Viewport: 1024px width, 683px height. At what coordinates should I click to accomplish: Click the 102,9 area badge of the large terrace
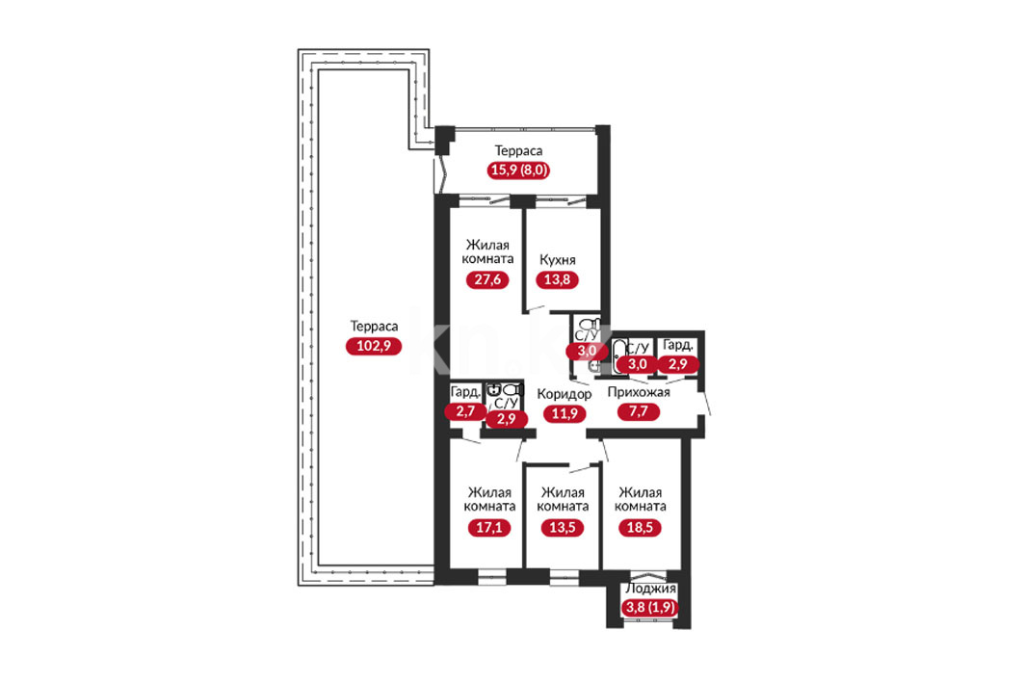tap(374, 346)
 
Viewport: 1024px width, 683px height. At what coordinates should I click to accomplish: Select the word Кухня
tap(558, 260)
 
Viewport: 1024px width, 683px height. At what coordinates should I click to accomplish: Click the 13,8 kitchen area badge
tap(557, 279)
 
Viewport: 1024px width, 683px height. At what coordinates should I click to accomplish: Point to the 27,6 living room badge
tap(487, 279)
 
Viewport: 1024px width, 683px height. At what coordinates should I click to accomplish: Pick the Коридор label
tap(565, 394)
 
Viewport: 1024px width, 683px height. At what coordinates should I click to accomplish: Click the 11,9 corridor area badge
tap(565, 413)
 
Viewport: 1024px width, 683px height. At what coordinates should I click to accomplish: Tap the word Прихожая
tap(639, 392)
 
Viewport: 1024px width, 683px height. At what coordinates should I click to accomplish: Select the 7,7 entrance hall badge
tap(638, 411)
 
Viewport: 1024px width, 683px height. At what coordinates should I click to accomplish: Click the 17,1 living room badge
tap(489, 527)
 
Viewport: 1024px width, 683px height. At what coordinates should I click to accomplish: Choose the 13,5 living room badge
tap(563, 527)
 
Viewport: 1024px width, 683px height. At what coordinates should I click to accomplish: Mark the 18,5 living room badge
tap(640, 527)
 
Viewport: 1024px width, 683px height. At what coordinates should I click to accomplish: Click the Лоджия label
tap(650, 589)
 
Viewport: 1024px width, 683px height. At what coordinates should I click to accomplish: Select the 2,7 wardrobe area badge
tap(465, 410)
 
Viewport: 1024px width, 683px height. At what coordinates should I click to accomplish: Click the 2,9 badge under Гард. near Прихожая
tap(678, 364)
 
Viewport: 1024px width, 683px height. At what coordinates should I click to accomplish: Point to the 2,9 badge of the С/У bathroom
tap(507, 418)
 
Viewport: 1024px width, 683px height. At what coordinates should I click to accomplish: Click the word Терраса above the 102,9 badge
tap(374, 326)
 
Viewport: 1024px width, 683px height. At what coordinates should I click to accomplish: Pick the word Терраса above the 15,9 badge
tap(518, 151)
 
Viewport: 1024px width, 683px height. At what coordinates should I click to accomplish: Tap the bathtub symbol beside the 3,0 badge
tap(619, 355)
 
